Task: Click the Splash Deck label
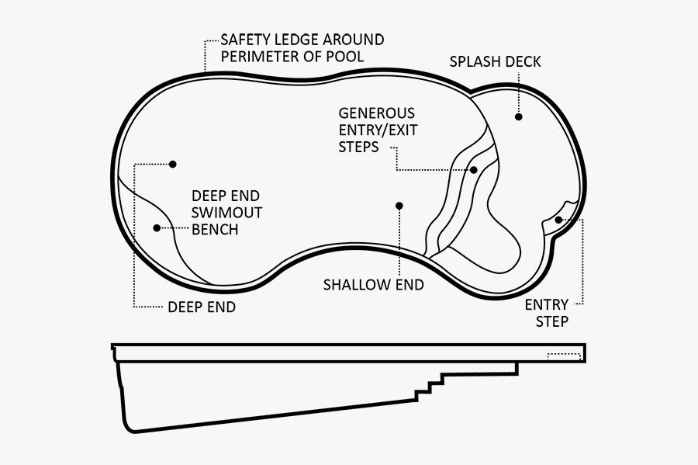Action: coord(495,61)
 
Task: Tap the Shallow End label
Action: coord(373,285)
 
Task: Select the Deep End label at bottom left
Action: coord(202,307)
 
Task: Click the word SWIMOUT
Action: coord(226,213)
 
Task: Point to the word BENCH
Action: coord(215,230)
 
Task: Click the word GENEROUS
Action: coord(376,113)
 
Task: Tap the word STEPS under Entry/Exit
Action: coord(358,147)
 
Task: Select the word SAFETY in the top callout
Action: coord(243,40)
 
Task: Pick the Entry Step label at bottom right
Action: coord(546,313)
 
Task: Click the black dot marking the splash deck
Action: coord(518,116)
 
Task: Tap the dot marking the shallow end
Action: coord(399,206)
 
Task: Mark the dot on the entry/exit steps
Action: coord(473,169)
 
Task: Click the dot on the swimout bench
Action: coord(157,228)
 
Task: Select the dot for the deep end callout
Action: coord(173,164)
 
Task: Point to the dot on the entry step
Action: coord(558,220)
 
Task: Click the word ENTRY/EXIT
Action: coord(378,130)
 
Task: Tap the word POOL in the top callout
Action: coord(345,57)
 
